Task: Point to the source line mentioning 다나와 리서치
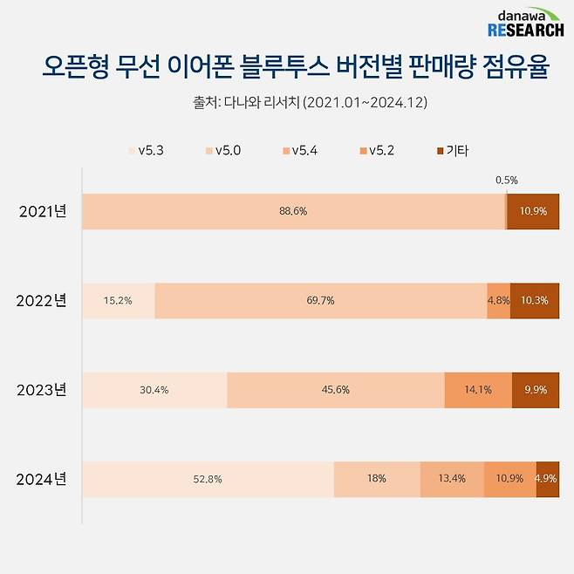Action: pyautogui.click(x=310, y=103)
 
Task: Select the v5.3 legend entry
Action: pyautogui.click(x=146, y=151)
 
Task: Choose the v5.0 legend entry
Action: pyautogui.click(x=222, y=151)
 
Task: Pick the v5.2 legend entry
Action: pyautogui.click(x=376, y=151)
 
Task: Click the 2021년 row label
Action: pyautogui.click(x=42, y=212)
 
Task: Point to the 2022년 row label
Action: pyautogui.click(x=42, y=301)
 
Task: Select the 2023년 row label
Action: pyautogui.click(x=42, y=390)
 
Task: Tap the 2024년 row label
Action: pyautogui.click(x=42, y=479)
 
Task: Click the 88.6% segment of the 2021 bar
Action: pyautogui.click(x=293, y=212)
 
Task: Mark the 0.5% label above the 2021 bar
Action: pyautogui.click(x=506, y=181)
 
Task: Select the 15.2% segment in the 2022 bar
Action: pyautogui.click(x=118, y=301)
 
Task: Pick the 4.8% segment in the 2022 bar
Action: pyautogui.click(x=498, y=301)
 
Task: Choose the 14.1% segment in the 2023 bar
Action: pyautogui.click(x=477, y=390)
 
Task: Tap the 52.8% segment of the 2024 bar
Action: pyautogui.click(x=208, y=479)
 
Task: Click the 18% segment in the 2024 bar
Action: pyautogui.click(x=377, y=479)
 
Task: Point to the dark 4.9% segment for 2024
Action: pyautogui.click(x=548, y=479)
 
